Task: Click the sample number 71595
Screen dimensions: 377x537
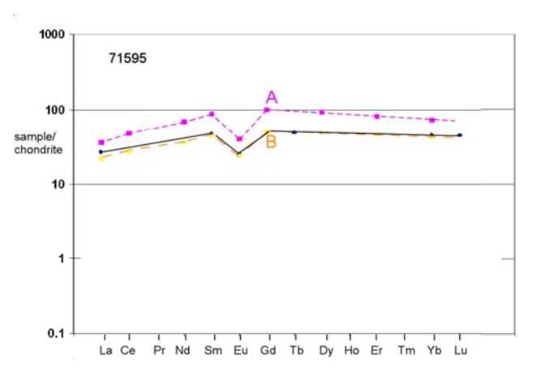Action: [127, 58]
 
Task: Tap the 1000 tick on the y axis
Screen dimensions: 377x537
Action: [54, 35]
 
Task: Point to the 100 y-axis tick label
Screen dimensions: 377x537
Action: [58, 109]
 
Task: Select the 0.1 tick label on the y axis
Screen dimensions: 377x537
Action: [58, 333]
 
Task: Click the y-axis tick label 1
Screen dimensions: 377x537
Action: [63, 259]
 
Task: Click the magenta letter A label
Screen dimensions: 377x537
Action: [272, 97]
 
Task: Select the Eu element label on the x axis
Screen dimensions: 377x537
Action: [238, 351]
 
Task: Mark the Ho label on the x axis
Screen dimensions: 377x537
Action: [350, 351]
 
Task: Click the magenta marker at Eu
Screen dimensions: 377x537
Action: [239, 139]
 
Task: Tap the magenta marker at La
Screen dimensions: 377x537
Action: [101, 143]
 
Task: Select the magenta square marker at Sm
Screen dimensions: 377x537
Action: [212, 114]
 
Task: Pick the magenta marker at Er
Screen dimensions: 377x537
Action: [376, 117]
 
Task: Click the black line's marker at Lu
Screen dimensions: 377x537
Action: [460, 135]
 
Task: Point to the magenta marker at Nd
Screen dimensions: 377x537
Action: [184, 122]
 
